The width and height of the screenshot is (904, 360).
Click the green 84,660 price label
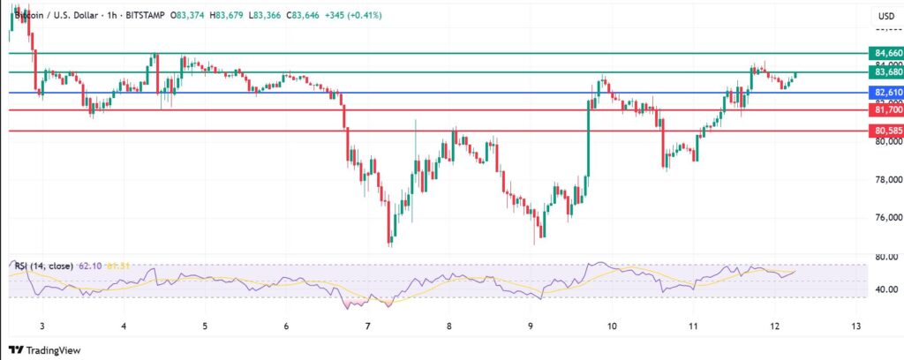coord(885,53)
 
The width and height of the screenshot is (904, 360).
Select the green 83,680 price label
coord(885,72)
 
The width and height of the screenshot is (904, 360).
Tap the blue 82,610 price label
coord(885,92)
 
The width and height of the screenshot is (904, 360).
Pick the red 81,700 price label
coord(885,110)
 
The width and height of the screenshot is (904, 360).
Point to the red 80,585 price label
coord(885,131)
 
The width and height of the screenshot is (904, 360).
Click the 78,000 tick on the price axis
coord(885,179)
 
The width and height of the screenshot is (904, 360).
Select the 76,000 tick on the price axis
coord(885,217)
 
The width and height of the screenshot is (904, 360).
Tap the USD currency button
coord(885,16)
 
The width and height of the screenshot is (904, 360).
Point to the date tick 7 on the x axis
coord(368,326)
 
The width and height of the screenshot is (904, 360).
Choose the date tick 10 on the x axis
coord(612,326)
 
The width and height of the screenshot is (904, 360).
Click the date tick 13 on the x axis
coord(855,326)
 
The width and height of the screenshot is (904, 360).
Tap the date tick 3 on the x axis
coord(42,326)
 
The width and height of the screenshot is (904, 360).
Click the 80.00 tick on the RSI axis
coord(885,258)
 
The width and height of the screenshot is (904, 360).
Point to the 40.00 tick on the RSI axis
coord(885,289)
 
